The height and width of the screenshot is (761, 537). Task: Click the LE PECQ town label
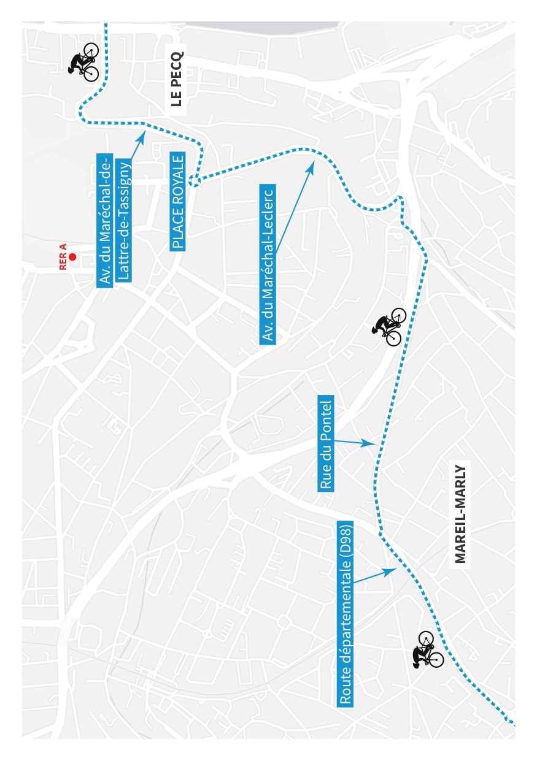click(x=177, y=79)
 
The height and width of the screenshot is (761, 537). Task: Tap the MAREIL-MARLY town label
click(x=460, y=514)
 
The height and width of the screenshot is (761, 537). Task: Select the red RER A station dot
click(x=72, y=257)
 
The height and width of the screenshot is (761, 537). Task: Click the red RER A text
click(x=63, y=256)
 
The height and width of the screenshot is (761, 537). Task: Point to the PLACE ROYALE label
click(x=177, y=202)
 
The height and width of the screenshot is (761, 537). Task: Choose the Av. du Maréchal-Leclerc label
click(x=268, y=264)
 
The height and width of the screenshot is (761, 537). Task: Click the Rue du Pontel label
click(x=325, y=443)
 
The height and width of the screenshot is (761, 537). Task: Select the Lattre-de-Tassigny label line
click(x=123, y=221)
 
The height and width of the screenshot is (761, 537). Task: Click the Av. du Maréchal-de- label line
click(x=105, y=221)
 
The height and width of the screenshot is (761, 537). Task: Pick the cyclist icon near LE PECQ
click(x=83, y=62)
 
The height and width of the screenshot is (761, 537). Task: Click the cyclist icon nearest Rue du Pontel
click(x=388, y=326)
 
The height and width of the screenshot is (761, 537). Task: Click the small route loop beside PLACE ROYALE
click(x=194, y=181)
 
